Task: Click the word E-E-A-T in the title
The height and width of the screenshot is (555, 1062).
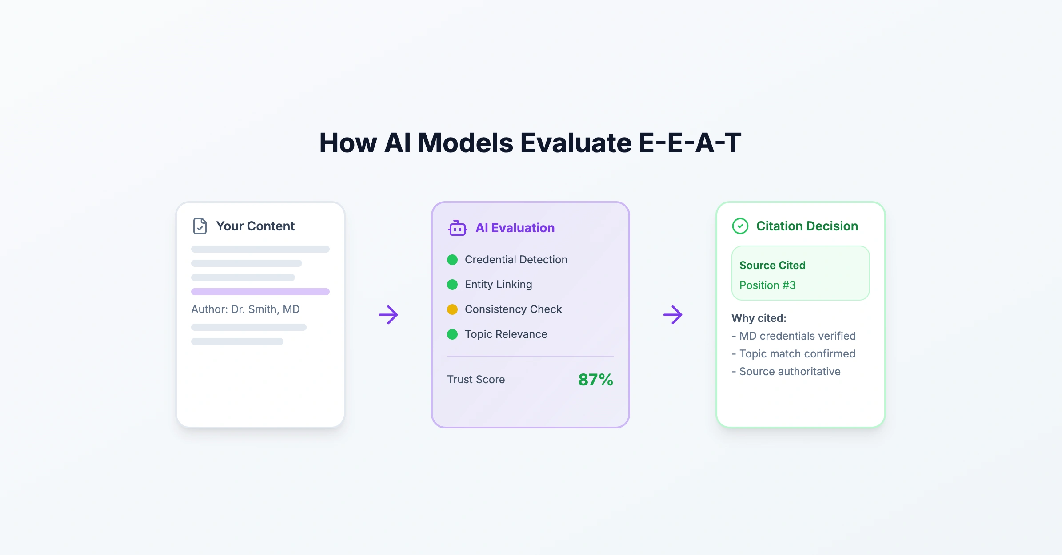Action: tap(690, 143)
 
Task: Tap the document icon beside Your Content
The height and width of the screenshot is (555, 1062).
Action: tap(200, 226)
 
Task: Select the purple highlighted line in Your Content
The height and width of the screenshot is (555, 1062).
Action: tap(260, 292)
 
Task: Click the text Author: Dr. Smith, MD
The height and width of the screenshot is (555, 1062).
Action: tap(245, 309)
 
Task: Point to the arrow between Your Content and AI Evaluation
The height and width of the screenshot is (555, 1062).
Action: tap(388, 315)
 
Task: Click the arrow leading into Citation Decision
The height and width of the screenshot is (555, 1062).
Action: tap(673, 315)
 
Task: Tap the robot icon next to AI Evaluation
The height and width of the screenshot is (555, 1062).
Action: tap(457, 228)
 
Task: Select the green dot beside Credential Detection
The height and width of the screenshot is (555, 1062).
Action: tap(452, 260)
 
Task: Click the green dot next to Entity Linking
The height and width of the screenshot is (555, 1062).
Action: tap(452, 285)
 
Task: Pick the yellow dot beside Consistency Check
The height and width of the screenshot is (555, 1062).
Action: tap(452, 309)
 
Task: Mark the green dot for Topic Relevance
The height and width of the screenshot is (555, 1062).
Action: tap(452, 334)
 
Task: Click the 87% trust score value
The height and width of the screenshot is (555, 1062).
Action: tap(595, 380)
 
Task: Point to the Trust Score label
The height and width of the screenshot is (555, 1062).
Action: tap(476, 380)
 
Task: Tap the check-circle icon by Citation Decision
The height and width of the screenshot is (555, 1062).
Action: tap(740, 226)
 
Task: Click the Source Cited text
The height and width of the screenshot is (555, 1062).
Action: tap(772, 265)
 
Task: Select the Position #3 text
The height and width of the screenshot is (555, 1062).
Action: tap(767, 285)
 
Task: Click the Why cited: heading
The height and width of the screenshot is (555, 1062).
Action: tap(759, 318)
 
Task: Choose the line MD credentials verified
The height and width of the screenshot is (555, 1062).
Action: tap(794, 336)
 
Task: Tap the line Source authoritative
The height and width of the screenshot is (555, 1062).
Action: tap(786, 371)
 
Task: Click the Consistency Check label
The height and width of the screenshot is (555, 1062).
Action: tap(513, 309)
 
